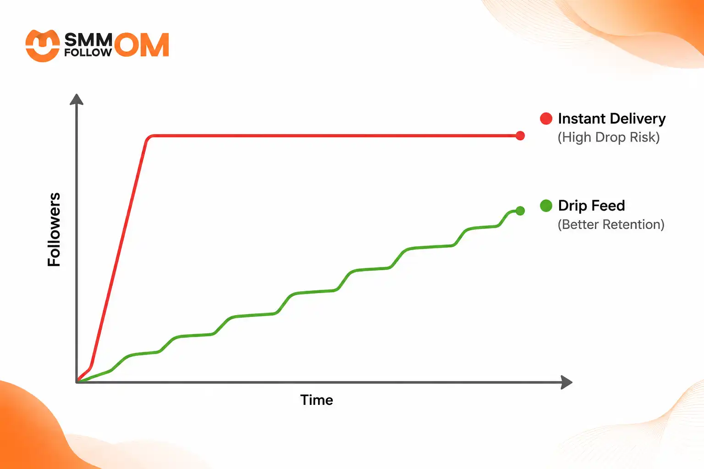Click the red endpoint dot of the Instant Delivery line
520,136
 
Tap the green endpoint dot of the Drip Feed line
520,211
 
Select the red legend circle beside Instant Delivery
546,119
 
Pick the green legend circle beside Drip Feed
546,206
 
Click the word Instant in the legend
582,119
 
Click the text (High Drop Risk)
609,137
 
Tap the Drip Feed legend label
592,206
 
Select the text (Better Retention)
611,224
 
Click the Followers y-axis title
54,229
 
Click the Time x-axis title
317,400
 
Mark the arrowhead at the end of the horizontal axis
566,382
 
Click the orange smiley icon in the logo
43,46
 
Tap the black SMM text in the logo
88,39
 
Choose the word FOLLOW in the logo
88,53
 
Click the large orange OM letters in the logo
142,44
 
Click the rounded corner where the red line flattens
149,137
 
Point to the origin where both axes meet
77,382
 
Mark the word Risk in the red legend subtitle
644,137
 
